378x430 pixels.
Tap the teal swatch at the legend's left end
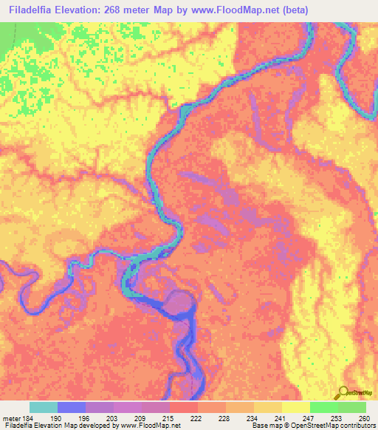point(44,407)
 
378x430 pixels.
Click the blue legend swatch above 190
point(72,407)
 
